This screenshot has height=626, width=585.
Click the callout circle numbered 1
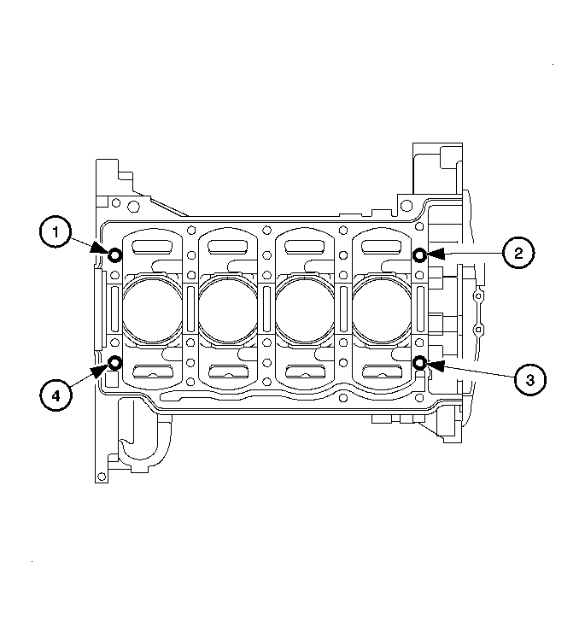coord(56,232)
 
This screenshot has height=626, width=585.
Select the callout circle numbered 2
coord(518,253)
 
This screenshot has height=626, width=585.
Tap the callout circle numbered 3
coord(529,380)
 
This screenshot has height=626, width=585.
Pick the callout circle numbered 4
coord(56,395)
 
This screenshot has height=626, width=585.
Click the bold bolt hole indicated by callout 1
coord(115,255)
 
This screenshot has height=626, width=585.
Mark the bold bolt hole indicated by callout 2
coord(419,254)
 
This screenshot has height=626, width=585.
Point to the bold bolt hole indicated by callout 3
coord(419,363)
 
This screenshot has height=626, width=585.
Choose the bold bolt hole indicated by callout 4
coord(115,362)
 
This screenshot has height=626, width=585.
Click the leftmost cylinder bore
coord(152,308)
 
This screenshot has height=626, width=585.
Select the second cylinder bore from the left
coord(228,308)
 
